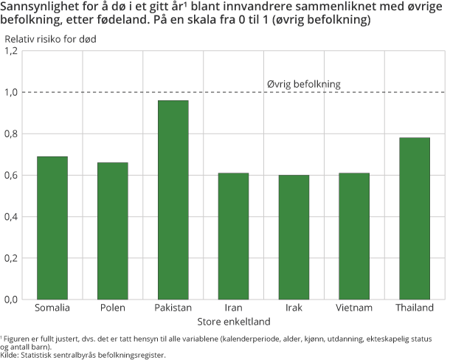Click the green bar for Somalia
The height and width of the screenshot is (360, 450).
52,228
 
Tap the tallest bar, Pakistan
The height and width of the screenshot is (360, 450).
173,200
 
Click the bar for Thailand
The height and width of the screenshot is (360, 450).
415,218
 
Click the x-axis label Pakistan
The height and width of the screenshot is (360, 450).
173,308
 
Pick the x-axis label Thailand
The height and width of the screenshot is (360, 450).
415,308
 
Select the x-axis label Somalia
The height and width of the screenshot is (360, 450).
52,308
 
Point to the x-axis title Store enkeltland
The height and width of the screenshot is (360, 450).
233,322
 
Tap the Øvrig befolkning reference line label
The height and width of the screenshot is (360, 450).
303,84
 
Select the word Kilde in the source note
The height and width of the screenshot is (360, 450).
10,355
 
